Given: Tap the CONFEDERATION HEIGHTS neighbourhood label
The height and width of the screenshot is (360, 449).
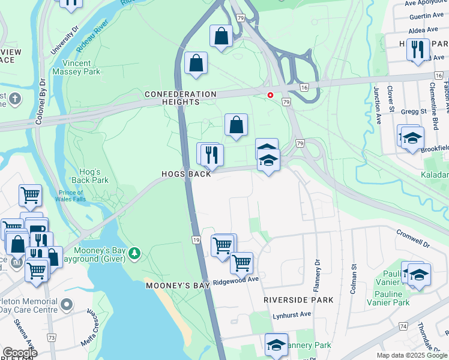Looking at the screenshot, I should (x=180, y=98).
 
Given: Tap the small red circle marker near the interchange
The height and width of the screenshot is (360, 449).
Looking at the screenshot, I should (x=270, y=95).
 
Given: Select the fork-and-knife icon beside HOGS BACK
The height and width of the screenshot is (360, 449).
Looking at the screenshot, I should (x=211, y=155).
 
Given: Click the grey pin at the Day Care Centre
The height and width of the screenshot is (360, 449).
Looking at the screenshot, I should (x=66, y=306).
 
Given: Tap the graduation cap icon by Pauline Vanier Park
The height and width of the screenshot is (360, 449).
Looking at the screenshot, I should (x=419, y=274).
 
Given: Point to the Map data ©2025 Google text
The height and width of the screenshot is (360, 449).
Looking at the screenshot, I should (x=411, y=355).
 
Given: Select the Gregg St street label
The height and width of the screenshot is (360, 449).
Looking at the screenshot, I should (x=415, y=112).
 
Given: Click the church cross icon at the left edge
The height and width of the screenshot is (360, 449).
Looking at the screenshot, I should (x=14, y=98).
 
